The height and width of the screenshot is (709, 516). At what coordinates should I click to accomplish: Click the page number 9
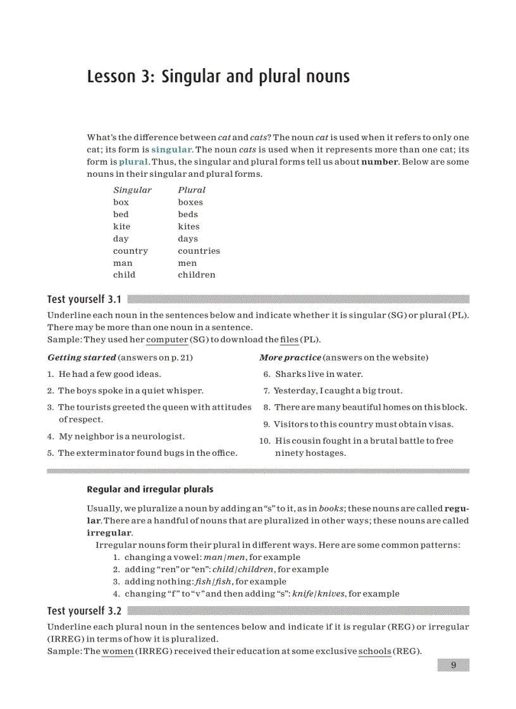point(453,665)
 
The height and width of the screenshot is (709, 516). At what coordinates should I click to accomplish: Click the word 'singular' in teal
point(171,150)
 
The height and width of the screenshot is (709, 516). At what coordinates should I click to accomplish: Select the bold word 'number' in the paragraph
point(379,162)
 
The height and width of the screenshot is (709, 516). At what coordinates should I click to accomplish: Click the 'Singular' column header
point(132,189)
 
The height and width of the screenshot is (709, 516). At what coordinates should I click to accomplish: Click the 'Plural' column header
point(192,189)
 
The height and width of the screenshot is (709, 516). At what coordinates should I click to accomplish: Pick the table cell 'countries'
point(199,251)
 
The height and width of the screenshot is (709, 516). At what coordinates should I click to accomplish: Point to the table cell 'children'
point(196,275)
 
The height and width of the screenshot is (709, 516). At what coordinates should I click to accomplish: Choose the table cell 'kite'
point(121,226)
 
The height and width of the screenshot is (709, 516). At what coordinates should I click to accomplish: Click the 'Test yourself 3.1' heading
point(84,299)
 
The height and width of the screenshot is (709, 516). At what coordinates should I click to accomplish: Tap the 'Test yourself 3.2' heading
point(84,611)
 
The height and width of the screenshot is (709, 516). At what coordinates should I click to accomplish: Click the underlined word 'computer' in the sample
point(167,340)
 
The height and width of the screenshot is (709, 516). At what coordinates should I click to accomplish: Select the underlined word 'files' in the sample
point(289,340)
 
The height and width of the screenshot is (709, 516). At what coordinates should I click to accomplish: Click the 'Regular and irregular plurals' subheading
point(150,489)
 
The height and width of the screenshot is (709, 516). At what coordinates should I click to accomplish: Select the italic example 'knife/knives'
point(319,593)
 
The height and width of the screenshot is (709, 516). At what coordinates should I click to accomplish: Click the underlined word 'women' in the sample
point(118,652)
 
